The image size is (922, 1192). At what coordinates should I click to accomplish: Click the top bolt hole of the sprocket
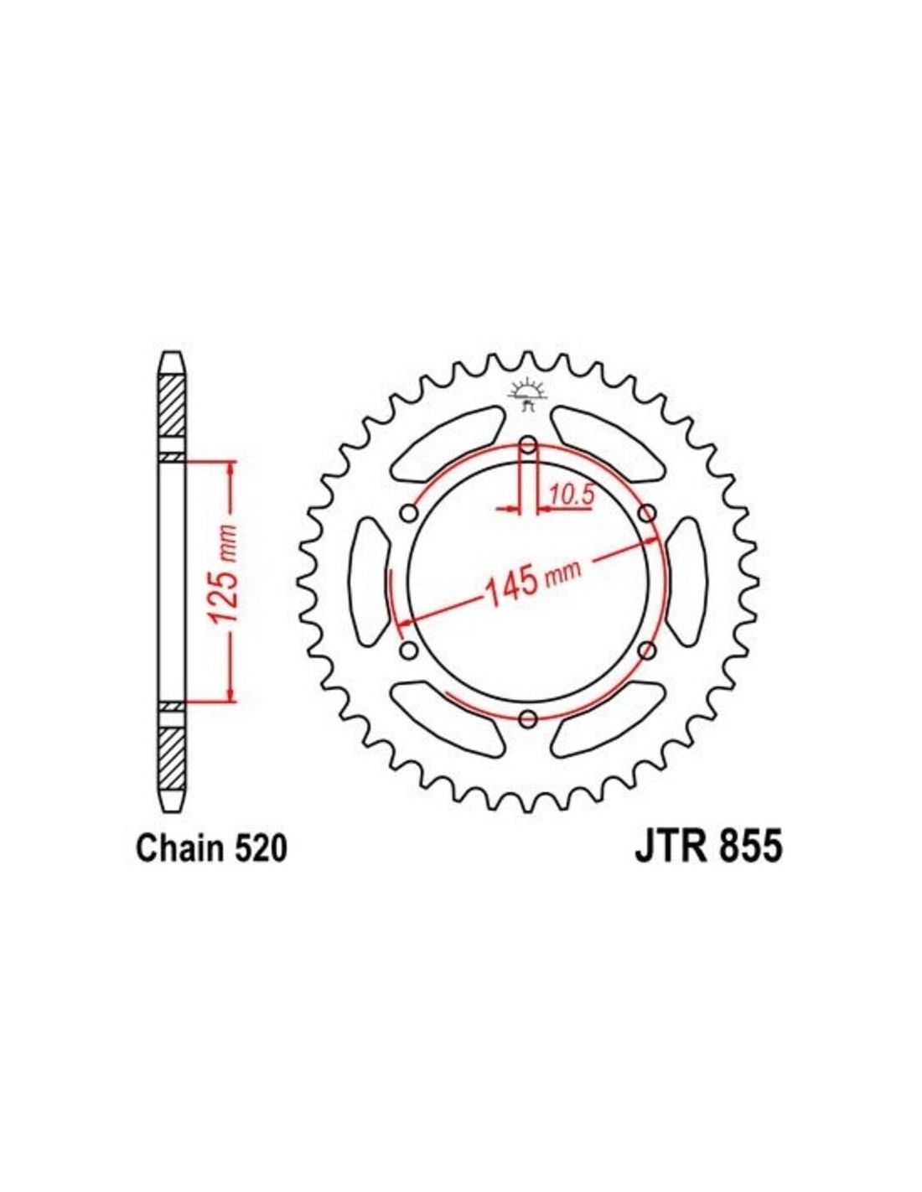[x=528, y=445]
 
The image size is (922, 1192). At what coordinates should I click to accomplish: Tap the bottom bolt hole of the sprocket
[x=529, y=718]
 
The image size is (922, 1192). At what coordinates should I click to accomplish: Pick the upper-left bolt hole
[x=409, y=514]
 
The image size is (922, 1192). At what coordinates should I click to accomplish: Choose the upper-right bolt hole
[x=648, y=514]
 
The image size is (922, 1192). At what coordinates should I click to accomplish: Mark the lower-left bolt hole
[x=408, y=650]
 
